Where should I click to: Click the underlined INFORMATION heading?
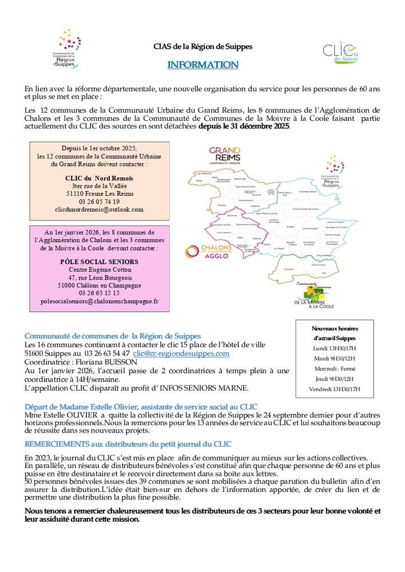tap(202, 65)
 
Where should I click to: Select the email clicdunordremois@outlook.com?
tap(100, 209)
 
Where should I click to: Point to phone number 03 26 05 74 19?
tap(100, 201)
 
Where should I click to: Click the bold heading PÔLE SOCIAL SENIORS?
tap(100, 261)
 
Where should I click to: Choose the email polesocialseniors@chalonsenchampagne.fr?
tap(100, 301)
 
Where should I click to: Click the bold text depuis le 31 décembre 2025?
tap(244, 126)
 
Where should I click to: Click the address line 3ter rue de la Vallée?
tap(100, 186)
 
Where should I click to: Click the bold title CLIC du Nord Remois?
tap(100, 178)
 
